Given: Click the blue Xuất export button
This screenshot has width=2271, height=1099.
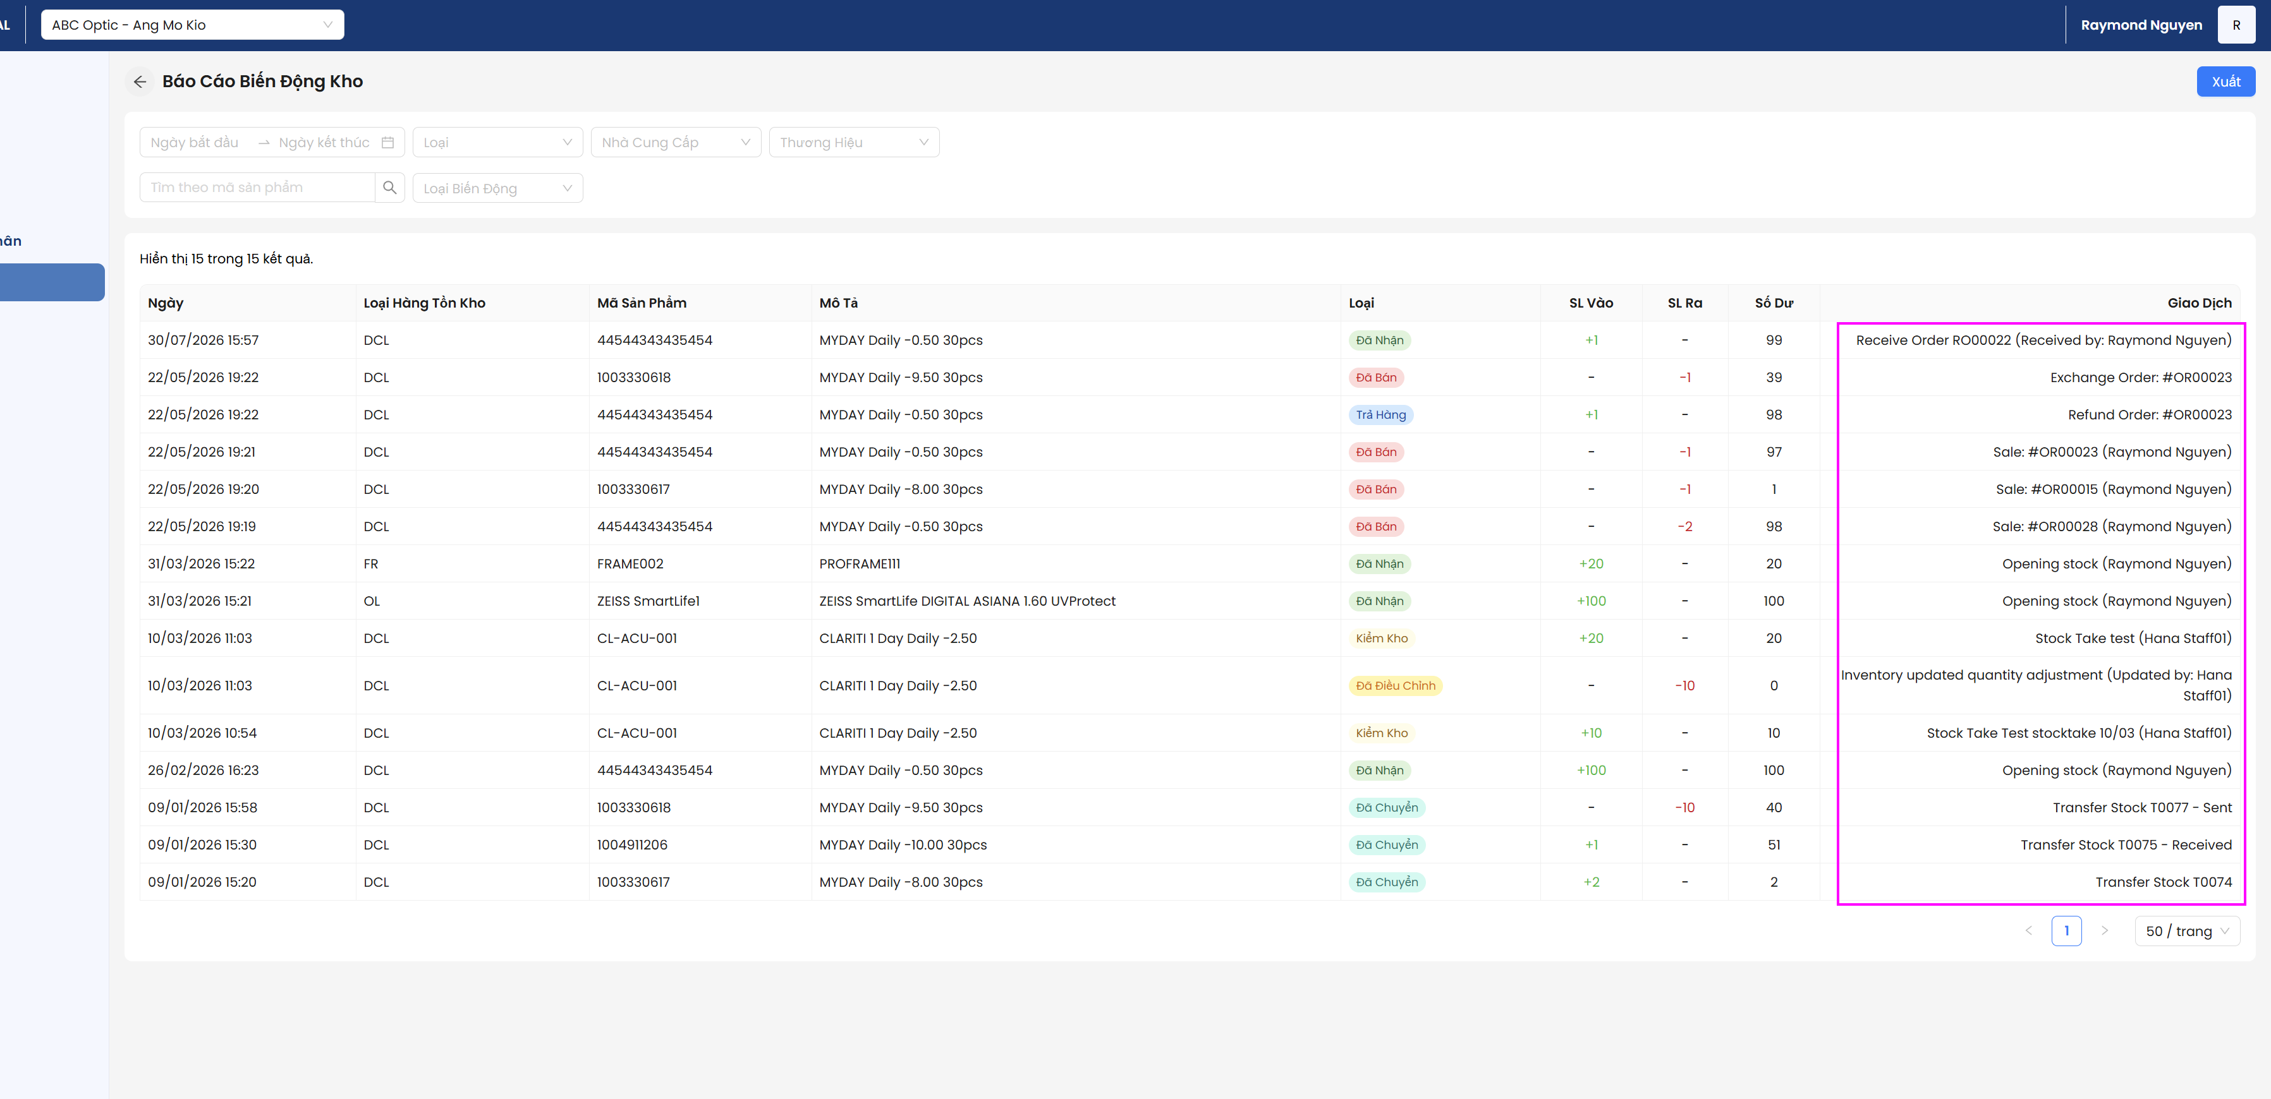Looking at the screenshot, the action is [x=2225, y=81].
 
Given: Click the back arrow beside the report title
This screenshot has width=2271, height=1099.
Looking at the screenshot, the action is [x=139, y=81].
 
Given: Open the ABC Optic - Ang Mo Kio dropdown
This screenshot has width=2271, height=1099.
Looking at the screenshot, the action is [x=192, y=25].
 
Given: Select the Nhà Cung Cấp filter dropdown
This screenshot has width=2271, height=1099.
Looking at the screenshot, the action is [x=675, y=142].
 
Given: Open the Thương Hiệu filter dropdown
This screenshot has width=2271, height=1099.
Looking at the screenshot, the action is [x=853, y=142].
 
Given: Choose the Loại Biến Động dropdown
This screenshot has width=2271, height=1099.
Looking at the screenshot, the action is [x=497, y=188].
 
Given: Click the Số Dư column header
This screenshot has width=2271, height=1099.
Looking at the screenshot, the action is [x=1774, y=303].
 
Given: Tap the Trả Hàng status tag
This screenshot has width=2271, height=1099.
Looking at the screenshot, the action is [x=1380, y=414].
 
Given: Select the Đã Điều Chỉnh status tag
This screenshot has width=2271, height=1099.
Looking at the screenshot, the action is [x=1396, y=686].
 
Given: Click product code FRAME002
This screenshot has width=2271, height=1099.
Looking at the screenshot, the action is [x=630, y=563].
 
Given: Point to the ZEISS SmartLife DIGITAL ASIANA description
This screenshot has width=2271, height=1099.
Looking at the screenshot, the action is [x=967, y=601].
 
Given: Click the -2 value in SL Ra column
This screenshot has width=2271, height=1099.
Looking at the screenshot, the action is [x=1684, y=526].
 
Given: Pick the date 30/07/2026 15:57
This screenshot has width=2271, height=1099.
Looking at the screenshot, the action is [x=204, y=340].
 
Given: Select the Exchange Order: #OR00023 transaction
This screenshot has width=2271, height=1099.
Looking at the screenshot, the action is [x=2141, y=377].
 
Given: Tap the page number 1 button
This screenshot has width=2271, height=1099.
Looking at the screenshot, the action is [x=2066, y=930].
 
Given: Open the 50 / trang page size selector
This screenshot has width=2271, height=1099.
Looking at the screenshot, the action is [x=2187, y=930].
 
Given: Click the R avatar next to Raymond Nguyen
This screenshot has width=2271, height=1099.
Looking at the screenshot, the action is [x=2236, y=25].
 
